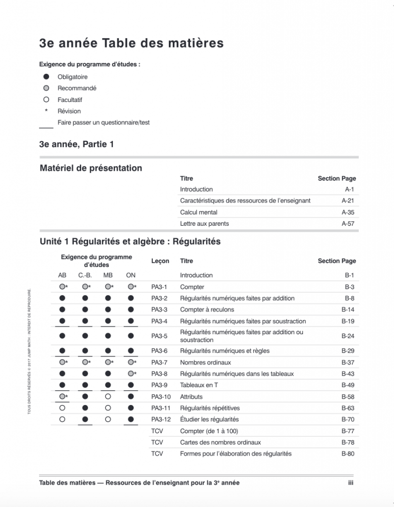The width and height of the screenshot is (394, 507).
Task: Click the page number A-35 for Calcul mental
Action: pyautogui.click(x=348, y=212)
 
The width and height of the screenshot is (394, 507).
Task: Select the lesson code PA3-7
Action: pyautogui.click(x=159, y=362)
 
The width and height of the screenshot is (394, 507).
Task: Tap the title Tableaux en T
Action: pyautogui.click(x=198, y=385)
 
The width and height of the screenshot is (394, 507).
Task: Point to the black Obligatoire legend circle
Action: pyautogui.click(x=46, y=77)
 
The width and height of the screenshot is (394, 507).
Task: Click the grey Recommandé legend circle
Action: pyautogui.click(x=46, y=88)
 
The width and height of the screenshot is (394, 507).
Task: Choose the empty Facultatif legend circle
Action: pyautogui.click(x=46, y=100)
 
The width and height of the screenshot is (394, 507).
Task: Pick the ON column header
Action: pyautogui.click(x=131, y=275)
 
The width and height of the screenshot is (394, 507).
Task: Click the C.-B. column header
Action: pyautogui.click(x=85, y=275)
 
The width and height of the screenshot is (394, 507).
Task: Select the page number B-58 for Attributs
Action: pyautogui.click(x=348, y=397)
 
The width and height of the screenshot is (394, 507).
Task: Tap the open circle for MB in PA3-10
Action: pyautogui.click(x=108, y=397)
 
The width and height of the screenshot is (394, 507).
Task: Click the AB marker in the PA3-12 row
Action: pyautogui.click(x=62, y=419)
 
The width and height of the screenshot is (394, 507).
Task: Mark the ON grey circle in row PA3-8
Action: pyautogui.click(x=130, y=374)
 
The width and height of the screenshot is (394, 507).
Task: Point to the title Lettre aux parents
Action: pyautogui.click(x=204, y=224)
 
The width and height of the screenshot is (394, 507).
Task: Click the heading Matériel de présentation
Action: pyautogui.click(x=91, y=168)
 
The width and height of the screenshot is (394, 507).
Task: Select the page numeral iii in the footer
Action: pyautogui.click(x=350, y=483)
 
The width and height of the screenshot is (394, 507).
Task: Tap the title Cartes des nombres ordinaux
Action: pyautogui.click(x=220, y=442)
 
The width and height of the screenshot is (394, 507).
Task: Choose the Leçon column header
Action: pyautogui.click(x=160, y=261)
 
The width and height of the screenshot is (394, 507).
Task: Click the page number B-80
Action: pyautogui.click(x=348, y=454)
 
